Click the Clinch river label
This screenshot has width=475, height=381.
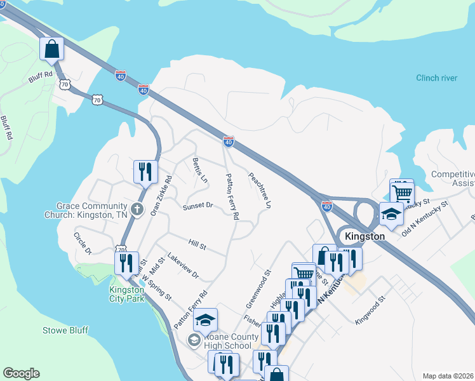coord(436,78)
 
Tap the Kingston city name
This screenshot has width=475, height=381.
coord(365,236)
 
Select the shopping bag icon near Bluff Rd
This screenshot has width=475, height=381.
coord(51,48)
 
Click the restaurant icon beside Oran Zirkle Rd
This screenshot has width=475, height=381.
coord(145,171)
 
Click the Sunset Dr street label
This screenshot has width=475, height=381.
coord(197,206)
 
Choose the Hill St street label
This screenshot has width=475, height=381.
coord(197,243)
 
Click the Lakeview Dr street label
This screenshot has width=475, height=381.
coord(183,267)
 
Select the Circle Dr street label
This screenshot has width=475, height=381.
coord(83,244)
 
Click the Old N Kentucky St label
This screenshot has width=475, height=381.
coord(425,218)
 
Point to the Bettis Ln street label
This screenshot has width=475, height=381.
coord(199,170)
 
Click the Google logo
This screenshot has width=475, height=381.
coord(21,373)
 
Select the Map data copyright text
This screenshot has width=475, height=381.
coord(448,376)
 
